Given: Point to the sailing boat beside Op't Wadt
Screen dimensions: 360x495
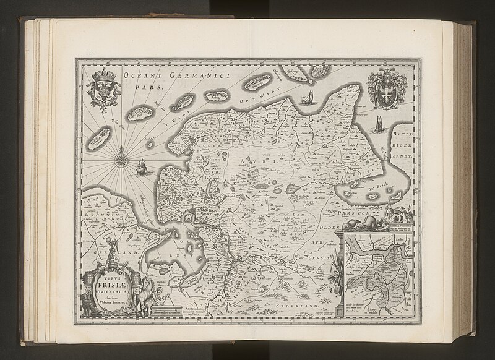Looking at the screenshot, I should pyautogui.click(x=305, y=98).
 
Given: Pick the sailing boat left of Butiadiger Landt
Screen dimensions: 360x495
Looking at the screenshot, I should pyautogui.click(x=377, y=123).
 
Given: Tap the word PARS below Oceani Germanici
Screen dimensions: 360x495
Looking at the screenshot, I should pyautogui.click(x=148, y=88).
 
